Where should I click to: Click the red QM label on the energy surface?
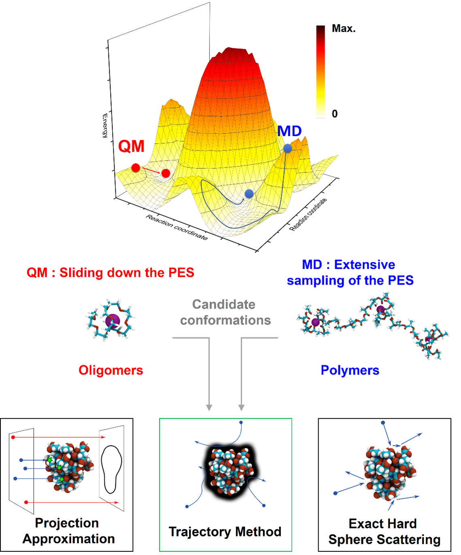click(131, 146)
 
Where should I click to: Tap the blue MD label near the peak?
click(289, 131)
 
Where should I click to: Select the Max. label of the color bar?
click(344, 29)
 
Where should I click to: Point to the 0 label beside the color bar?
click(334, 114)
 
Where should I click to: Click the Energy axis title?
click(105, 126)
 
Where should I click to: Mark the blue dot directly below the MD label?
click(287, 148)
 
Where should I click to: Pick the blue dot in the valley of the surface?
click(249, 194)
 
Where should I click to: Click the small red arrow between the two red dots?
click(151, 171)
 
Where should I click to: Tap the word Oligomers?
click(110, 370)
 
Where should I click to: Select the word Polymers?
click(350, 370)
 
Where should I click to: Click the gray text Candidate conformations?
click(225, 312)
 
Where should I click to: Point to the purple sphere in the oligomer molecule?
click(112, 321)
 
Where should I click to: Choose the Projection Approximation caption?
click(68, 531)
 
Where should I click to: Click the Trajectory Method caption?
click(225, 531)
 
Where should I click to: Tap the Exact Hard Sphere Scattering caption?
click(384, 531)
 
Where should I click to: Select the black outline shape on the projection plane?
click(111, 469)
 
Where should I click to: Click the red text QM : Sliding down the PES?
click(110, 272)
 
